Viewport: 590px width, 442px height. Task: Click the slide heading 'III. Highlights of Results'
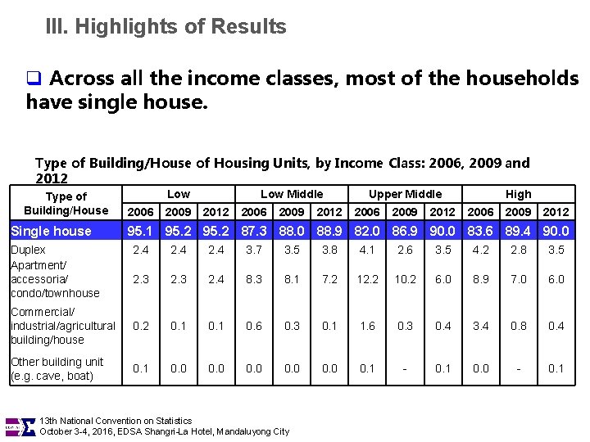click(x=166, y=27)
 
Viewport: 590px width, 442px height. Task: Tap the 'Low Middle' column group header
click(x=291, y=194)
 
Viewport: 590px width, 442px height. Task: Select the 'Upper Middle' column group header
click(x=405, y=194)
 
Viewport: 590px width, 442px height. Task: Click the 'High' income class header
click(x=518, y=194)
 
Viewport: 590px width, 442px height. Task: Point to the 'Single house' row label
click(x=51, y=231)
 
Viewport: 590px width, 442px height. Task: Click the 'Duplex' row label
click(x=29, y=250)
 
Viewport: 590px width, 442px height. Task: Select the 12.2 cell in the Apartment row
click(x=367, y=279)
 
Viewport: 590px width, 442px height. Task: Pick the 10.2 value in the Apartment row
click(x=405, y=279)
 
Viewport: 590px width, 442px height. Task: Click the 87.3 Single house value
click(x=254, y=231)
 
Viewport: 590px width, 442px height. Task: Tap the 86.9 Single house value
click(x=405, y=231)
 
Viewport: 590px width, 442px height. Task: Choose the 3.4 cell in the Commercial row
click(x=480, y=326)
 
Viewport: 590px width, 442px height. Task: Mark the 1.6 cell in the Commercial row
click(x=367, y=326)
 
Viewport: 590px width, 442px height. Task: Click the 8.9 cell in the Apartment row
click(x=480, y=279)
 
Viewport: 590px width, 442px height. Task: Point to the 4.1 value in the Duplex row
click(x=367, y=250)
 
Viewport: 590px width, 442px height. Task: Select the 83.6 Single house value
click(x=480, y=231)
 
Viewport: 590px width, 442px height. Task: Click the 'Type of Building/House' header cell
click(x=66, y=203)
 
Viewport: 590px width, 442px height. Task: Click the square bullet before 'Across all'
click(x=34, y=79)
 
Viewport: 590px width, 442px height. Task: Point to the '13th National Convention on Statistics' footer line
click(x=116, y=421)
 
